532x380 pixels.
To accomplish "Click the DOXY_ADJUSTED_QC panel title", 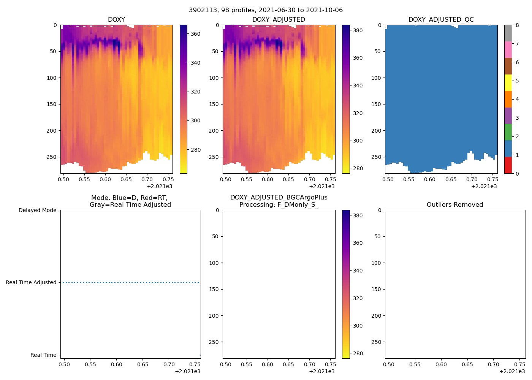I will click(x=441, y=19).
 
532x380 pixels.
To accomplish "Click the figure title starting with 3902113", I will click(x=266, y=10).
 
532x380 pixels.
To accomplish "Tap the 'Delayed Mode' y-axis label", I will click(x=37, y=210).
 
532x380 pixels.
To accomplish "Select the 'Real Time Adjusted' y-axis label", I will click(x=31, y=282).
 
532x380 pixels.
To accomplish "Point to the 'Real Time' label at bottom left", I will click(x=43, y=355).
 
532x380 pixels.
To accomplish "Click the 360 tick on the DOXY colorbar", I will click(x=195, y=34).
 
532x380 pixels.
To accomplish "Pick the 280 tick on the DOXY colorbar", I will click(x=195, y=150).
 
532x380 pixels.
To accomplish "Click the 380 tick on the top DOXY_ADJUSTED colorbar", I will click(x=358, y=30).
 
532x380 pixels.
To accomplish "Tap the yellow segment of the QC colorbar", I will click(x=508, y=82).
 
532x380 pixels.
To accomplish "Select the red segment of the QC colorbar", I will click(x=508, y=165).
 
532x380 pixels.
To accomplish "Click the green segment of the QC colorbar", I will click(x=508, y=132).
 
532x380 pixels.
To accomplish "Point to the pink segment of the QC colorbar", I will click(x=508, y=49).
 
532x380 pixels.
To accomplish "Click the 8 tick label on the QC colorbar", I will click(x=517, y=25).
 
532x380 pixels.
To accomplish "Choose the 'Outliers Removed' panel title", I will click(x=454, y=204).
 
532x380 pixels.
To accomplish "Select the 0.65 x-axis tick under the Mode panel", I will click(x=142, y=364).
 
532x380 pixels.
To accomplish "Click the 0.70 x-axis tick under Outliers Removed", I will click(x=493, y=364).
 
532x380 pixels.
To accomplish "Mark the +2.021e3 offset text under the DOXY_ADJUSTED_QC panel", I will click(x=484, y=186).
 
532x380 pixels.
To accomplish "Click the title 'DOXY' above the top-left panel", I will click(x=116, y=19).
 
